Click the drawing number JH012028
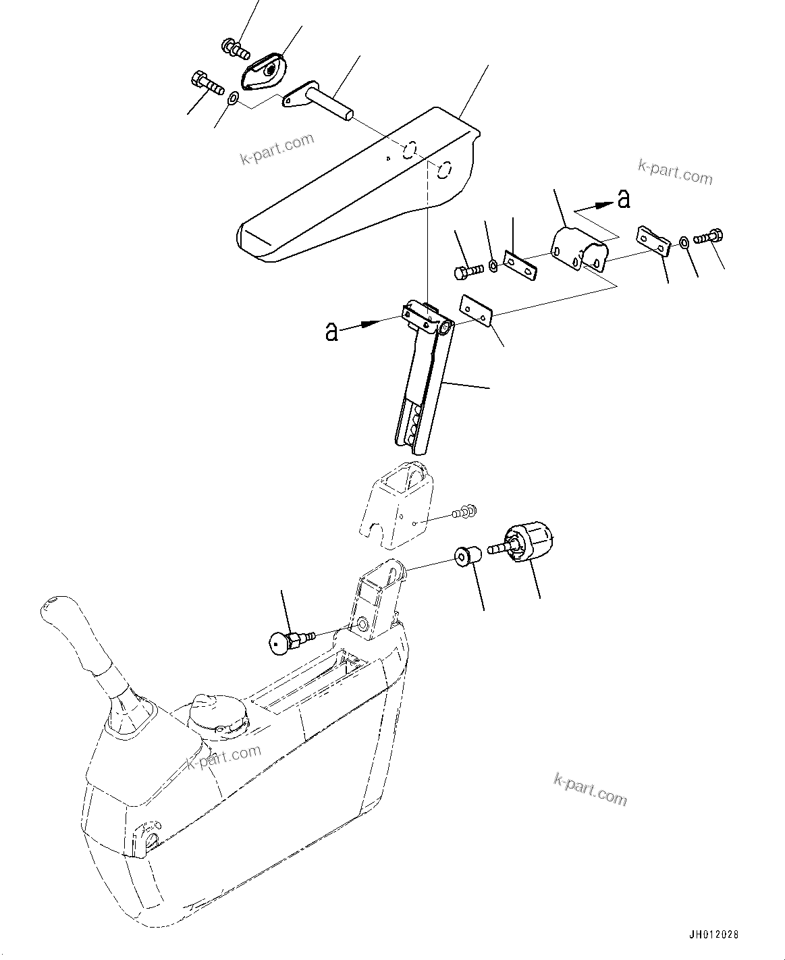click(713, 935)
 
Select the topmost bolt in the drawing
click(235, 48)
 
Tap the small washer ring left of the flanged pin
click(232, 99)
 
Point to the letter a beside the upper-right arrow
click(624, 198)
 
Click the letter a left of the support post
click(331, 331)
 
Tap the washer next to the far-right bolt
click(684, 242)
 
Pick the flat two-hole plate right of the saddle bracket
click(652, 241)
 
